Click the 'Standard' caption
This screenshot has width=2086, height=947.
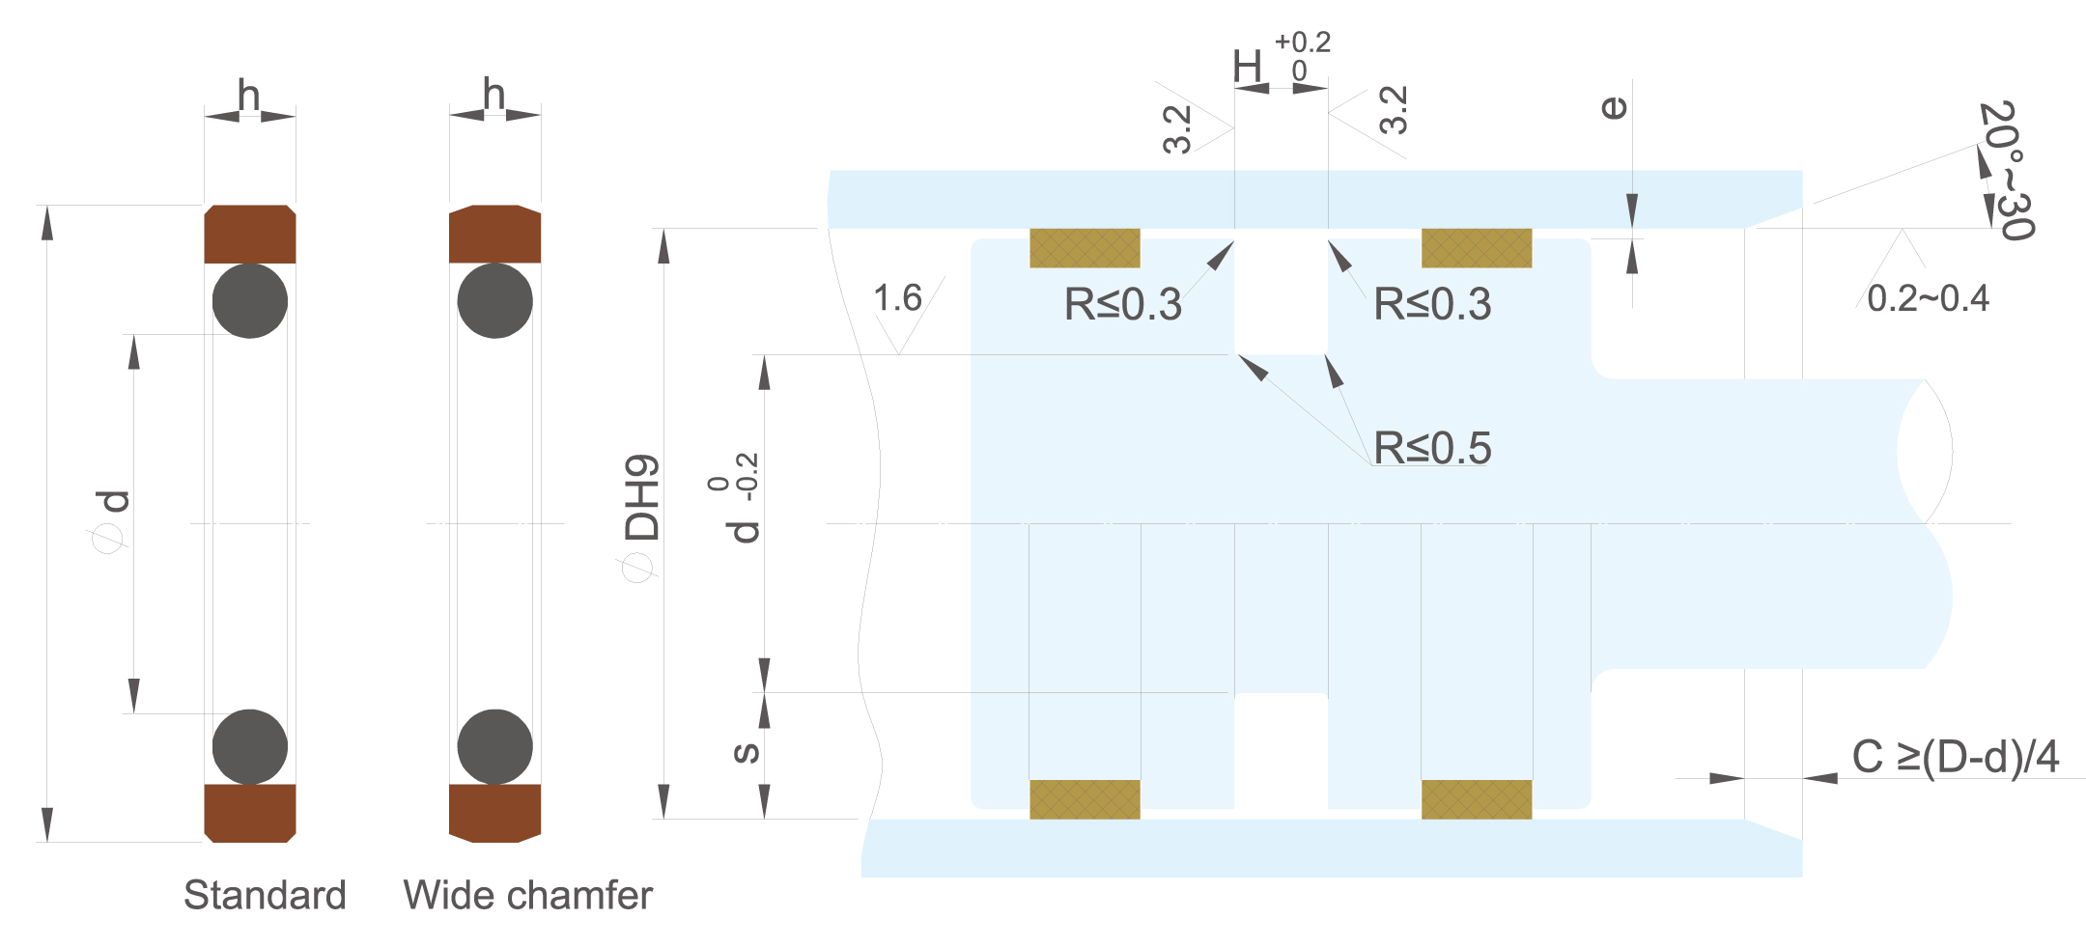click(265, 895)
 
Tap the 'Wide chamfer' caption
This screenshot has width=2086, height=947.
click(527, 895)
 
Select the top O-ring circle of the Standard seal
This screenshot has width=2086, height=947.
click(250, 301)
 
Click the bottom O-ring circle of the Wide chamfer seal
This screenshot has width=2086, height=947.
click(495, 747)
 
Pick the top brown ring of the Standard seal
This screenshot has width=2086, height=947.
click(250, 234)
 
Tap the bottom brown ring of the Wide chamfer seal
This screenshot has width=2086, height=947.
click(495, 813)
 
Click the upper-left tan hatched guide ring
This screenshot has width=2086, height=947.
click(1085, 248)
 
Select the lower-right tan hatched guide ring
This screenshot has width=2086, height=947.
click(1477, 799)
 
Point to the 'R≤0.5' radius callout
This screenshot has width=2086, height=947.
click(1432, 448)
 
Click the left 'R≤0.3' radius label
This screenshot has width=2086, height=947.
click(1122, 304)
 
